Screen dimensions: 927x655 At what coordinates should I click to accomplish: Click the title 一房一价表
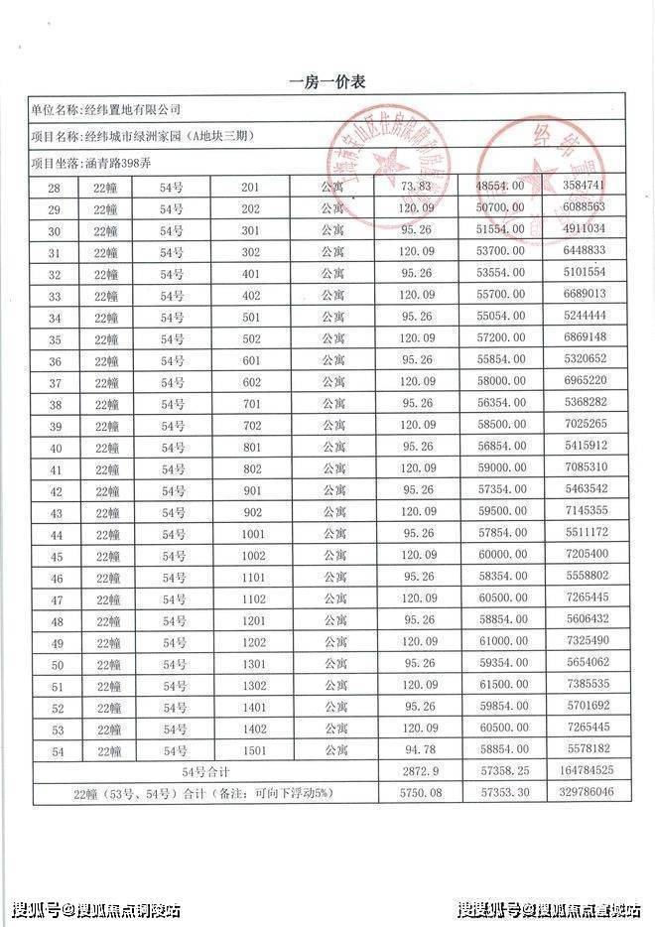(327, 82)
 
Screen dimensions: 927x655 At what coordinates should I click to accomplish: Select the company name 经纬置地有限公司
(132, 109)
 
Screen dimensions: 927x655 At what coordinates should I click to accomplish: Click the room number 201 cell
(249, 187)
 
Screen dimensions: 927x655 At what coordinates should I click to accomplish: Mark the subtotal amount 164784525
(583, 772)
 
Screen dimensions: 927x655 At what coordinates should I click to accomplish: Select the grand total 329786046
(583, 794)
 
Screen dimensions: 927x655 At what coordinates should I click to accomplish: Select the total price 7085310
(583, 468)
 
